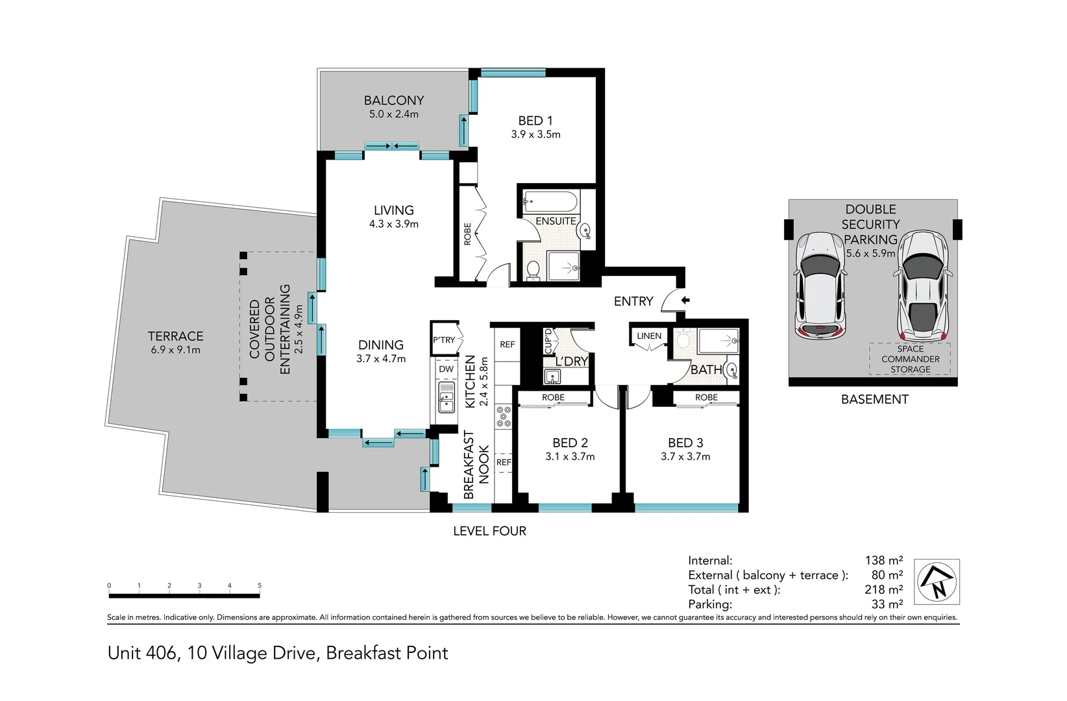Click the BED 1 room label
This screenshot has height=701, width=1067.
(x=535, y=121)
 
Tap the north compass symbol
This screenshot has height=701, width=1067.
(x=937, y=582)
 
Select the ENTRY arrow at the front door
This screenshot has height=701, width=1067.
(x=685, y=301)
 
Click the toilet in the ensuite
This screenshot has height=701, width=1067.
(x=533, y=269)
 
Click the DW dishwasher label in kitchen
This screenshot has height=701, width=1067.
(x=446, y=369)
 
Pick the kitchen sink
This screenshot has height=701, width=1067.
(x=446, y=397)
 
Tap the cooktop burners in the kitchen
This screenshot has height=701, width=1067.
(x=504, y=416)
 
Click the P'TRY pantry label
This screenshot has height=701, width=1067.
(x=444, y=340)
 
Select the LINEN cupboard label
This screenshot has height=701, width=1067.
(x=649, y=336)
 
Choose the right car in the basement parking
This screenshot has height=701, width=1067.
(x=923, y=284)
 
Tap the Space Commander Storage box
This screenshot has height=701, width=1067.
(x=910, y=359)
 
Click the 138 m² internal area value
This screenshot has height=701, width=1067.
(x=883, y=560)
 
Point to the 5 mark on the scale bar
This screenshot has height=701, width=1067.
(x=259, y=586)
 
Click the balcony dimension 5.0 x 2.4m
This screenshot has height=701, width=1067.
(x=393, y=114)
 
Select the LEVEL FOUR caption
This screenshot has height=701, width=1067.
(x=489, y=531)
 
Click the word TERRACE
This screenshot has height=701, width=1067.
(x=175, y=336)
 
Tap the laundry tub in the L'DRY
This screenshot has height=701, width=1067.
(x=553, y=376)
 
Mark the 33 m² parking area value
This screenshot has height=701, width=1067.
(x=887, y=604)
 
